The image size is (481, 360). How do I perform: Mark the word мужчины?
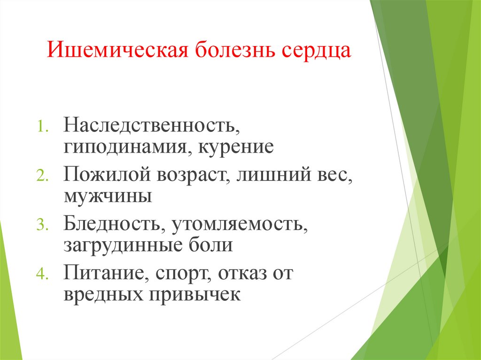[x=108, y=196]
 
